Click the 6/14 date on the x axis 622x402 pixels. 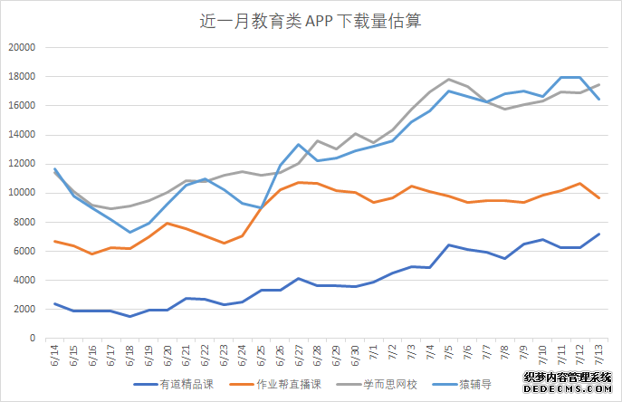(x=55, y=354)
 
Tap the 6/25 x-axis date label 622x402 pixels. (x=262, y=354)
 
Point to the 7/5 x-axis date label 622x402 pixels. (x=449, y=354)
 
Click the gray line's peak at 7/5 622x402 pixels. (x=449, y=80)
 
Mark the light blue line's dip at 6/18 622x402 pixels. (x=130, y=233)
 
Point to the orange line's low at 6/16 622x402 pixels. (x=92, y=254)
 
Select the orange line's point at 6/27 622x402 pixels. (x=299, y=182)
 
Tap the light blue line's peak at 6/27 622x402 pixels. (x=299, y=145)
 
